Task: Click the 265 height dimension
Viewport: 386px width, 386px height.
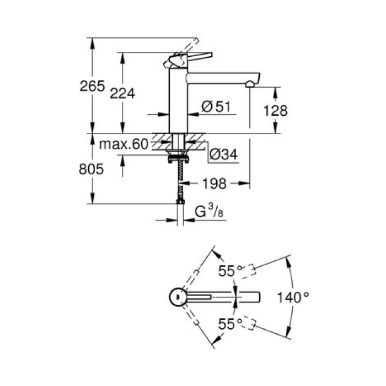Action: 92,86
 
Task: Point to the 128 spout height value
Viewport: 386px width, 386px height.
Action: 275,110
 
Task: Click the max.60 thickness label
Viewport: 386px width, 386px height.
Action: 124,144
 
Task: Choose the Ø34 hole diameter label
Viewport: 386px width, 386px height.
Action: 223,156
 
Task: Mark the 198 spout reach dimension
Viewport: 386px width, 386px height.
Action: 212,183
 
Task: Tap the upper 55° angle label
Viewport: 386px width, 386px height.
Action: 230,271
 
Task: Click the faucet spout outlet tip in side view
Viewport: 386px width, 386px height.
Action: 250,84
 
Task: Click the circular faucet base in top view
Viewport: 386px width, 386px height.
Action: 178,297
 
